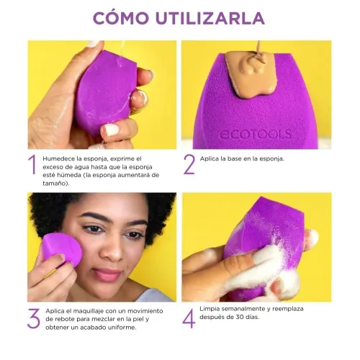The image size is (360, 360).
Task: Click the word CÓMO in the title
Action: coord(121,17)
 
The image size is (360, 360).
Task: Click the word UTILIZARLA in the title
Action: coord(210,18)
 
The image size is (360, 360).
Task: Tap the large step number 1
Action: coord(32,164)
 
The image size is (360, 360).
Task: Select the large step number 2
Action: coord(189,164)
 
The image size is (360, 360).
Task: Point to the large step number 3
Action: coord(33,318)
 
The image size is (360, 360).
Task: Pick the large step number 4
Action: coord(189,318)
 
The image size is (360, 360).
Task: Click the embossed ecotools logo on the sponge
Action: coord(256,134)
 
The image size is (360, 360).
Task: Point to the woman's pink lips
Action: coord(107,274)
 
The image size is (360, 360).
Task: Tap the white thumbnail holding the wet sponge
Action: coord(112,130)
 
